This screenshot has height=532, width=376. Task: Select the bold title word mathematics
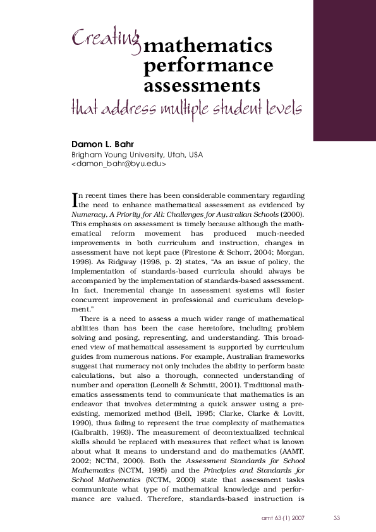click(208, 47)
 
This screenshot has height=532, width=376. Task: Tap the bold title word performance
click(209, 66)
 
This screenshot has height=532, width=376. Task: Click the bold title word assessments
click(202, 85)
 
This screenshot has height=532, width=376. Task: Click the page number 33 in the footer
click(337, 518)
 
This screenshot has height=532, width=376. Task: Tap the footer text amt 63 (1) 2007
click(284, 518)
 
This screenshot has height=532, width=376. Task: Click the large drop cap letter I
click(75, 200)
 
